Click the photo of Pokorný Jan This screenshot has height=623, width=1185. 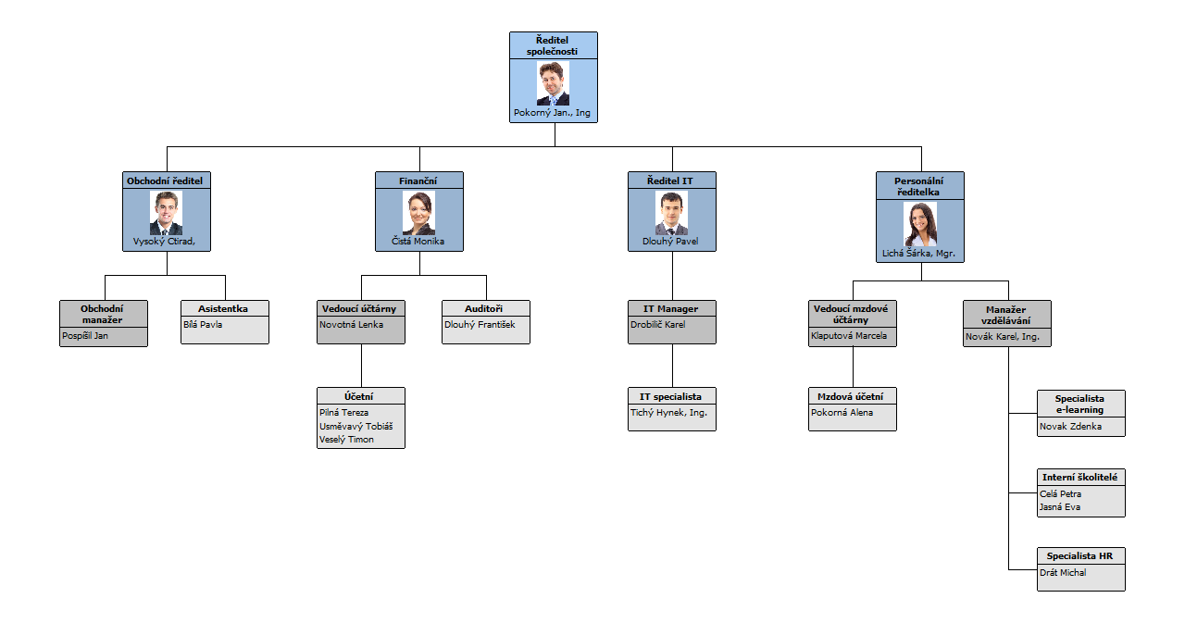pos(554,83)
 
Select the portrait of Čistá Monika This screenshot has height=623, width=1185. pos(418,213)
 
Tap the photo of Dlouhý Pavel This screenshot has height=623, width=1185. pos(671,213)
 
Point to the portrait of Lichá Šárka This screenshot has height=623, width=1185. pos(920,224)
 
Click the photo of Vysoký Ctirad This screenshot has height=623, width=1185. pos(167,213)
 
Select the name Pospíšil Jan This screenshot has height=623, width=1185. pos(85,335)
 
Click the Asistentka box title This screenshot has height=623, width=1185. pos(223,309)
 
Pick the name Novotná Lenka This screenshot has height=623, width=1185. pos(351,325)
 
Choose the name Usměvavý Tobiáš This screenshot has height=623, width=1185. pos(356,426)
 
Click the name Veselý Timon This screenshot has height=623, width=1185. pos(347,440)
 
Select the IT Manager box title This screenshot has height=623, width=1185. pos(671,309)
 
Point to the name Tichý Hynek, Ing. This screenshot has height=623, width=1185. pos(668,413)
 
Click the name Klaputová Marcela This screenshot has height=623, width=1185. pos(849,335)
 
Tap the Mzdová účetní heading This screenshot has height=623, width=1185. pos(852,396)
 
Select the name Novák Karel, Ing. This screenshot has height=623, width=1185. pos(1003,337)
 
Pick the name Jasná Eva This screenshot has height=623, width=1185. pos(1060,506)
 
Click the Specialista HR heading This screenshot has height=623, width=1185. pos(1079,556)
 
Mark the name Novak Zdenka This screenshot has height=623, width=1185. pos(1071,427)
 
